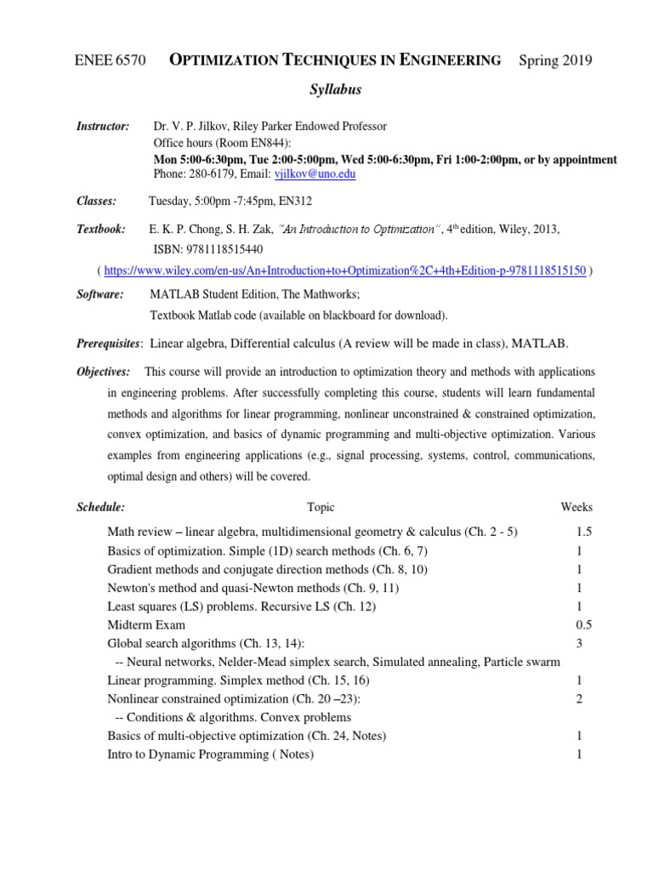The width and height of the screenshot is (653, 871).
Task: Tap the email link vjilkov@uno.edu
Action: (315, 174)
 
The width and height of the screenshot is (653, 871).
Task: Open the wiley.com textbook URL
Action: (344, 270)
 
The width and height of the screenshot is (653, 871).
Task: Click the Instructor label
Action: (103, 126)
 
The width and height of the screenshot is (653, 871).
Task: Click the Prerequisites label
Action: (108, 342)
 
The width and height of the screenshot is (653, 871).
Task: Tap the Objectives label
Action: (104, 372)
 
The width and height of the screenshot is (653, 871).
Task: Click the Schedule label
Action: (101, 507)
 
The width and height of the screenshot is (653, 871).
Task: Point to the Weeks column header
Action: (576, 507)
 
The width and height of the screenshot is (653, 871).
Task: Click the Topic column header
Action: (321, 507)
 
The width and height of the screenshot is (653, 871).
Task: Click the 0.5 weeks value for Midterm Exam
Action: (583, 625)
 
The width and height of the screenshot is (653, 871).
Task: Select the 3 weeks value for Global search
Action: (579, 644)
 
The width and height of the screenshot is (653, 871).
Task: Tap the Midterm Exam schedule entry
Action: (146, 625)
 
